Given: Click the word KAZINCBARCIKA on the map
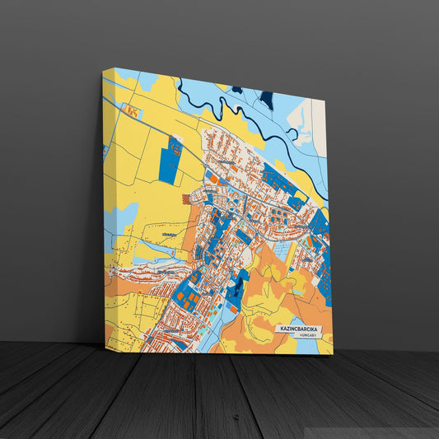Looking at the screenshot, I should coord(297,329).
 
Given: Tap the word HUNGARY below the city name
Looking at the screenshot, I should coord(308,336).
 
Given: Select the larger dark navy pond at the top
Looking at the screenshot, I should coord(266,100).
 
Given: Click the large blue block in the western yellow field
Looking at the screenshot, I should coord(170,161).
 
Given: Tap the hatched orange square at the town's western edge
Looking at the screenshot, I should coord(186,198).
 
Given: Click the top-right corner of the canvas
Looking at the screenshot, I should coord(325,100).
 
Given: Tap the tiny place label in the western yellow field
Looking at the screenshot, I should coord(170,235).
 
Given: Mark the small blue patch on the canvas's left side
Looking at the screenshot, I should coord(105,152).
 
